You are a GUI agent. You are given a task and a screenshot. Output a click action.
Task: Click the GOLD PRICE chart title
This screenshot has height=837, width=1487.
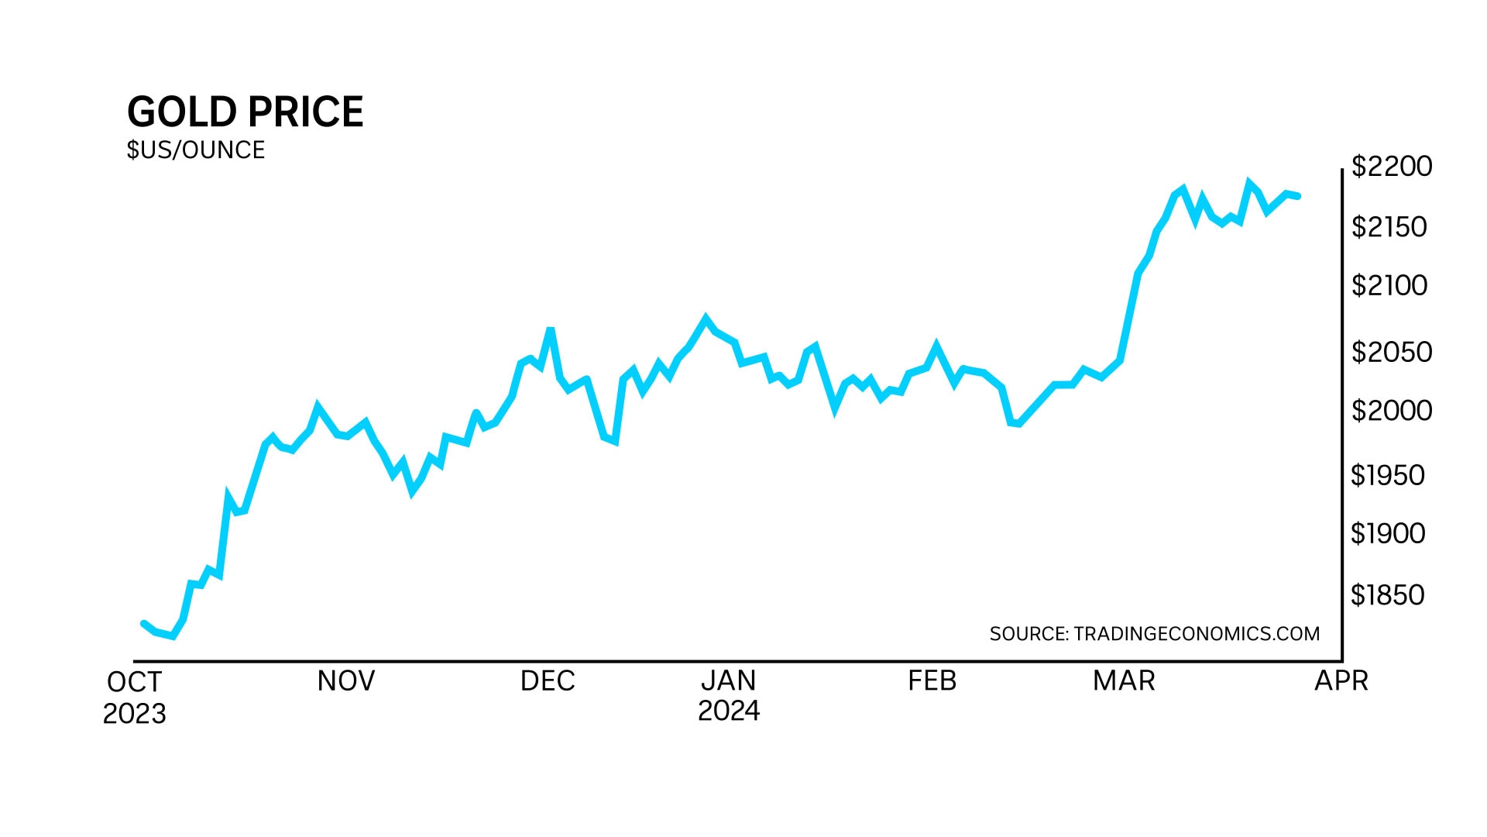(245, 112)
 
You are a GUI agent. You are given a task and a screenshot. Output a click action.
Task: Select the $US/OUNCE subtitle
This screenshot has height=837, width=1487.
(196, 150)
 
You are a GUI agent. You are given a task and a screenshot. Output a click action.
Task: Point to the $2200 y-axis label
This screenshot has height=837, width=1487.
(1392, 166)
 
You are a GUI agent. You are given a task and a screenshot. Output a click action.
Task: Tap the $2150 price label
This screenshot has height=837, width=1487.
(1389, 226)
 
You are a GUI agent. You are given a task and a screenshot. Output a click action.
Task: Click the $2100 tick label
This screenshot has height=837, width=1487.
(1389, 285)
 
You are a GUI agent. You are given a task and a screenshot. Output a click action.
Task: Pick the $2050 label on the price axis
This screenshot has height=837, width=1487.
(1392, 352)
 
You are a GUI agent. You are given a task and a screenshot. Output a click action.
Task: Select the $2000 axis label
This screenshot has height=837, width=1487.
(1392, 410)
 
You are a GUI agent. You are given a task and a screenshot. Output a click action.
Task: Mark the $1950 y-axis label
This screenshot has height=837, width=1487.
(1388, 475)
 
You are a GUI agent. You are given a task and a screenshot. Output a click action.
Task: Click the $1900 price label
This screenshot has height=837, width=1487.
(1388, 533)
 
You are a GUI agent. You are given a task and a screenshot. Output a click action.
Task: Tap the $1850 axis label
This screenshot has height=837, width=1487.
(1388, 594)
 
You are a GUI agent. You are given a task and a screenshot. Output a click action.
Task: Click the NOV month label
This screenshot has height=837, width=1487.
(346, 680)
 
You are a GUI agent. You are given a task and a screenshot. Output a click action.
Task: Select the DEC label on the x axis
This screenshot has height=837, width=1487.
(548, 680)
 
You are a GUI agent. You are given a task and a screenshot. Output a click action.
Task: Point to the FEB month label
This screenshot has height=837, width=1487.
(932, 680)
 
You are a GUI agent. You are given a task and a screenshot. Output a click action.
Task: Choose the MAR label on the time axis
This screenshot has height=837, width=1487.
(1124, 680)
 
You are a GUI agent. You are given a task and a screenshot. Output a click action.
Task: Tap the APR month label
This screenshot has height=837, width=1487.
(1341, 680)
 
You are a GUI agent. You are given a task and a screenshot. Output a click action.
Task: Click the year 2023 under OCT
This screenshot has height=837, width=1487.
(135, 713)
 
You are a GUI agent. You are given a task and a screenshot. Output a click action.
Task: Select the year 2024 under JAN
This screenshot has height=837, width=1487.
(729, 711)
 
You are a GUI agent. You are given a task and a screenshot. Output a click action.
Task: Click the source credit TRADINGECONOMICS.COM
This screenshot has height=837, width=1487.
(1155, 634)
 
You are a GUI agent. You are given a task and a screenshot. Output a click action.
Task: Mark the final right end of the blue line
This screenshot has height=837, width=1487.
(1298, 196)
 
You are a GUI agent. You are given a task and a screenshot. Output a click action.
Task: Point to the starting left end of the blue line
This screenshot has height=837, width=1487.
(144, 623)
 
